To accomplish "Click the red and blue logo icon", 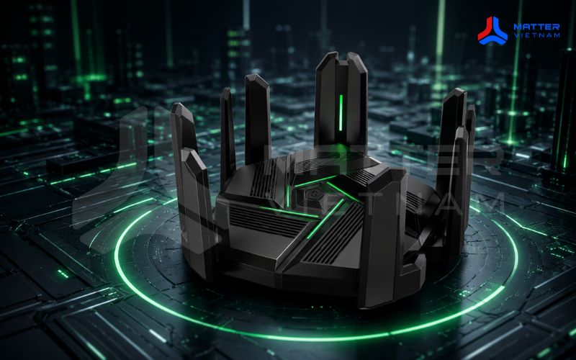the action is pos(492,30).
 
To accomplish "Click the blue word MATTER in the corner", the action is pos(536,27).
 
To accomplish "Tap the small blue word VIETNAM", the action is pos(536,35).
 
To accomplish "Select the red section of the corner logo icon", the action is pos(485,29).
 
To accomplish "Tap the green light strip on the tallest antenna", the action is pos(341,112).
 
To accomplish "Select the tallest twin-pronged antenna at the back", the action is pos(341,103).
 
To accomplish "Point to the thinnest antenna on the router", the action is pos(228,136).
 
